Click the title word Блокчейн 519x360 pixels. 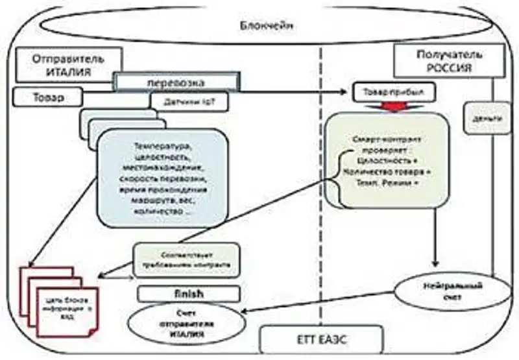(263, 26)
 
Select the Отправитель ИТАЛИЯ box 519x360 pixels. (67, 66)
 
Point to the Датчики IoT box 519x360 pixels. (182, 101)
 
